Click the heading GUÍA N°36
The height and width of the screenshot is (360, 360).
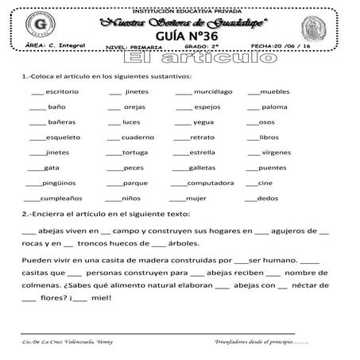click(x=181, y=37)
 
